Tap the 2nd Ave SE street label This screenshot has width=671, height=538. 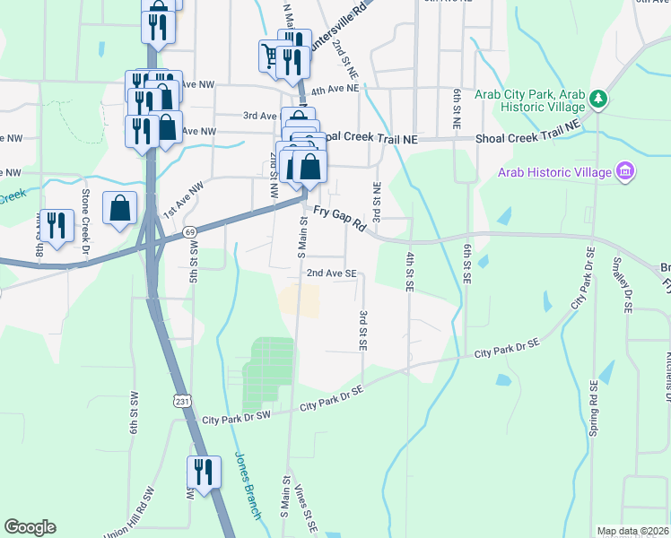click(x=332, y=273)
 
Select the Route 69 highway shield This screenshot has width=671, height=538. click(x=190, y=232)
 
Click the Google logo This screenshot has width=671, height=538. click(x=30, y=527)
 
